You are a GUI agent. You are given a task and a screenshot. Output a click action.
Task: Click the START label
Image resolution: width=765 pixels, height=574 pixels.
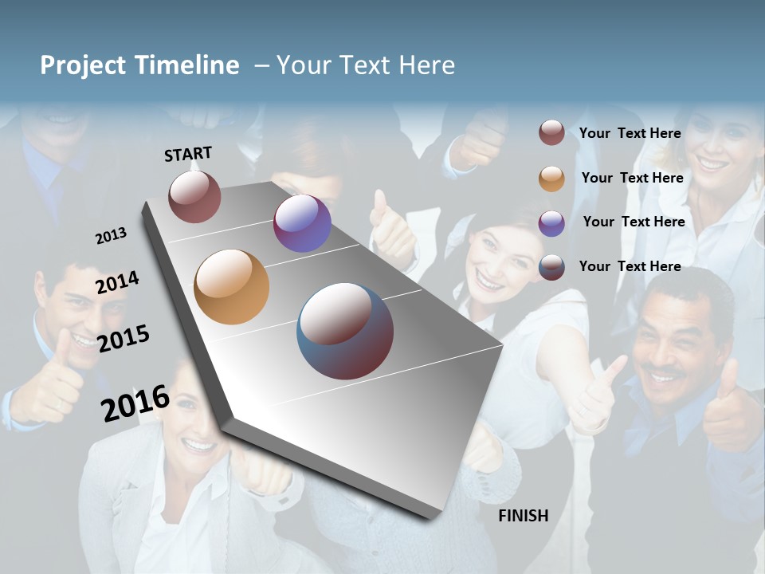point(188,154)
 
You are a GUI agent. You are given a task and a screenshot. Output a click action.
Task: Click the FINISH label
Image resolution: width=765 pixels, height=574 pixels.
point(523,516)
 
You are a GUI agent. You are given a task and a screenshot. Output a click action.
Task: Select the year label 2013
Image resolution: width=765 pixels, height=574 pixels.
point(111,236)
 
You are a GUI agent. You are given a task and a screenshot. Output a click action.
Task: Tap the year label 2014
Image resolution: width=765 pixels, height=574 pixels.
point(117,282)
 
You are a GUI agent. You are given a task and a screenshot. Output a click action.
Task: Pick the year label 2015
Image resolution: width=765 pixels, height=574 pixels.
point(123,339)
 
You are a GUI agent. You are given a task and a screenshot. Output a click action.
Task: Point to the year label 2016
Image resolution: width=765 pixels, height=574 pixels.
point(135,403)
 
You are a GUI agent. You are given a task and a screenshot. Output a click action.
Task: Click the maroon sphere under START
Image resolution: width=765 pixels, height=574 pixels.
point(194,197)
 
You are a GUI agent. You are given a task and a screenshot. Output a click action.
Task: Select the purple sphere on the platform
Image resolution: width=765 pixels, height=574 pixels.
point(302,223)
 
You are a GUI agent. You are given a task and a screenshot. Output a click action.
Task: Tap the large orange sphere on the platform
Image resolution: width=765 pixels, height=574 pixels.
point(232,287)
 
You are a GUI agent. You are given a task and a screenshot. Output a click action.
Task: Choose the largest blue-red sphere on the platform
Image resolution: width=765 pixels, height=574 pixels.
point(345,331)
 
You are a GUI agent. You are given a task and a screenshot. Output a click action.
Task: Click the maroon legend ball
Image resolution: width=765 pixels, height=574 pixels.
point(551,133)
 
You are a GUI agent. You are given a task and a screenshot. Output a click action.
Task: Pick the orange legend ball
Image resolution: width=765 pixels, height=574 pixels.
point(551,178)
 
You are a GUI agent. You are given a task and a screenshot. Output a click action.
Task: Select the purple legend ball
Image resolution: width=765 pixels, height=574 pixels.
point(551,222)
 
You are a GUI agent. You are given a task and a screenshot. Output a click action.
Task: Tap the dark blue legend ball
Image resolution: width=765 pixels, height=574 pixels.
point(551,267)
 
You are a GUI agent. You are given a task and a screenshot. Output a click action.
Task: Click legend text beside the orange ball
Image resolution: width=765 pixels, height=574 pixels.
point(632,178)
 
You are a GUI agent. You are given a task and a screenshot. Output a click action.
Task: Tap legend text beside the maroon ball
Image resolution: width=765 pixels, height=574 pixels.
point(630,133)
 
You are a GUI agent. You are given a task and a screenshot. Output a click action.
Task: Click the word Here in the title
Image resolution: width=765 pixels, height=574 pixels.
point(426,65)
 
